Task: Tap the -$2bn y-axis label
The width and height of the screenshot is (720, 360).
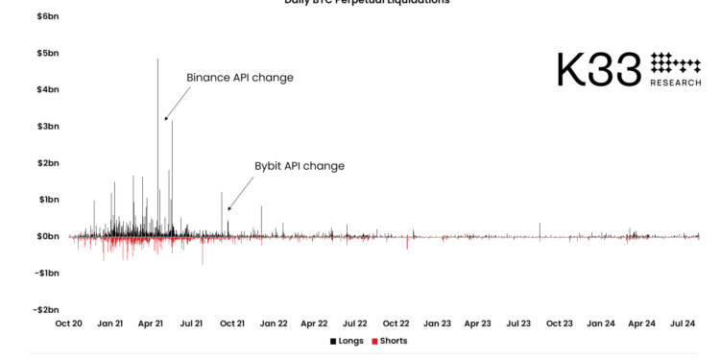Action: coord(45,310)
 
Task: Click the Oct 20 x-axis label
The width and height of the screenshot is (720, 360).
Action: coord(69,324)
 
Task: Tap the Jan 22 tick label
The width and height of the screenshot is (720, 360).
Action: coord(274,324)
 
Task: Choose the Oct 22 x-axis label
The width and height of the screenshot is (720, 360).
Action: coord(396,324)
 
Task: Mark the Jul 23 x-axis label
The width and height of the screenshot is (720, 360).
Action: coord(518,324)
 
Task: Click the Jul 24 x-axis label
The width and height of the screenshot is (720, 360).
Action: coord(682,324)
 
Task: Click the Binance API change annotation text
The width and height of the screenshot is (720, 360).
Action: coord(239,78)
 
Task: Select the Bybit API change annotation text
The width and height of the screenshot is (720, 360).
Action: coord(299,166)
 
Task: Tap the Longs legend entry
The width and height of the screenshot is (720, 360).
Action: coord(347,342)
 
